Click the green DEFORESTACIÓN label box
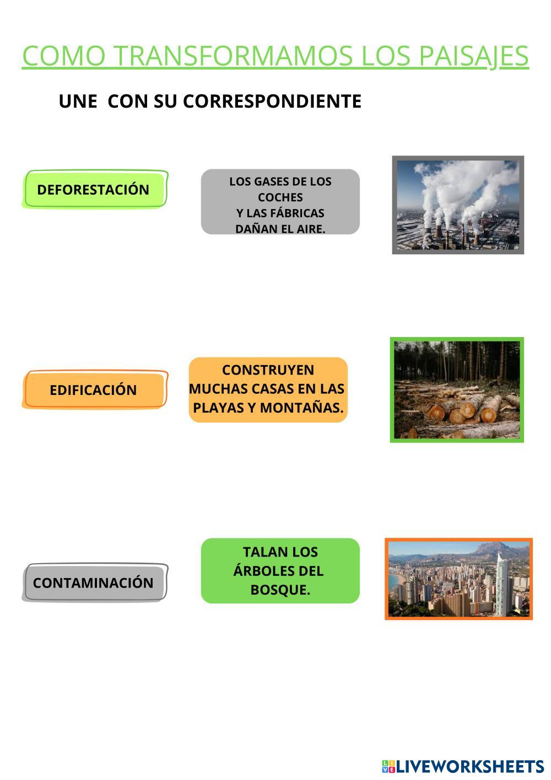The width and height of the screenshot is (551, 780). click(94, 189)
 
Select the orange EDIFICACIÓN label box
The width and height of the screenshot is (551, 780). click(94, 389)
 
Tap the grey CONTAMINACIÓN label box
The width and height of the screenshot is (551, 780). click(94, 583)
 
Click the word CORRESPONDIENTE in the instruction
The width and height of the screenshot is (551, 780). click(272, 101)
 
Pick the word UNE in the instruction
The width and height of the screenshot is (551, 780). click(78, 101)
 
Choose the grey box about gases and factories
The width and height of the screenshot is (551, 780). click(280, 202)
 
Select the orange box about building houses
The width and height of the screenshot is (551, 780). click(268, 389)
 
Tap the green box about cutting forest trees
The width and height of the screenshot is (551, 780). click(280, 570)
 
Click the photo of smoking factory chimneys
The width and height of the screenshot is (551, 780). click(458, 205)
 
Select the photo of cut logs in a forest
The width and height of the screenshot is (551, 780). click(457, 390)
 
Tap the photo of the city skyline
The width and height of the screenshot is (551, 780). click(458, 579)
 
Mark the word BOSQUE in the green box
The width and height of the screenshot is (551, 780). click(280, 590)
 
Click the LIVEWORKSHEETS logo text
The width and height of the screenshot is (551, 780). click(469, 766)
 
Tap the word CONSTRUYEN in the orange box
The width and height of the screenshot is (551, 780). click(268, 370)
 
